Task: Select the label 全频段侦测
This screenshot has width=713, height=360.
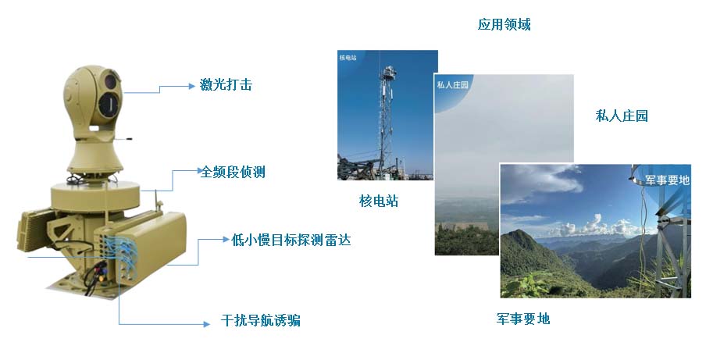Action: coord(233,172)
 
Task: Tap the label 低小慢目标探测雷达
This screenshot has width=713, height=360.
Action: coord(291,240)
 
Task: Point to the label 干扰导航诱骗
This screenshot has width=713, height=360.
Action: coord(261,322)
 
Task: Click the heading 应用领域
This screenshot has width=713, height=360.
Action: coord(504,25)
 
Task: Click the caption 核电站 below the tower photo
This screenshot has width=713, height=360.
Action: coord(379,201)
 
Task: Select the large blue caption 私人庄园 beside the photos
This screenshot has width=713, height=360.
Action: coord(622,116)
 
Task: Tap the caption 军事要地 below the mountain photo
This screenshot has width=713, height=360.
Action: coord(522,319)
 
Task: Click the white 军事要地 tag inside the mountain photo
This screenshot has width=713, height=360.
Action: coord(668,180)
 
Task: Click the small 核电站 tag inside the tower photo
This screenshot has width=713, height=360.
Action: coord(348,58)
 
